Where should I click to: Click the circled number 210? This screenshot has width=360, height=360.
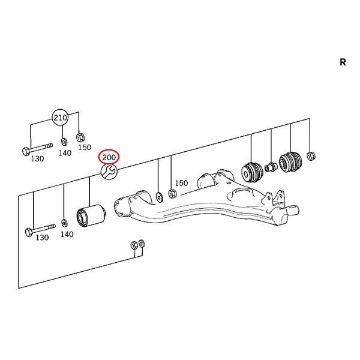(x=60, y=118)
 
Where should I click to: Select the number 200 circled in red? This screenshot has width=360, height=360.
(x=109, y=157)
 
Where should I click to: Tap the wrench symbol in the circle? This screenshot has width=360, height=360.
(x=109, y=172)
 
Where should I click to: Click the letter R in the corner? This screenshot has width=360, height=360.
(x=343, y=62)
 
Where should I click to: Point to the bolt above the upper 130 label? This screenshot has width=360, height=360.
(x=37, y=148)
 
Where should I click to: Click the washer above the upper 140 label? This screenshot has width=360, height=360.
(x=64, y=141)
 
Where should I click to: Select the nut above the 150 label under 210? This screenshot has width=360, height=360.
(x=80, y=137)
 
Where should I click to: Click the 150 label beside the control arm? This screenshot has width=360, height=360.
(x=181, y=183)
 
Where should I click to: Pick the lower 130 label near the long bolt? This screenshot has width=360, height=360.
(x=42, y=237)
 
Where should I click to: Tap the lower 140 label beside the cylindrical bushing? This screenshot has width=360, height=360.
(x=67, y=234)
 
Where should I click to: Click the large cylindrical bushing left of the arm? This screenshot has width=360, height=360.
(x=91, y=215)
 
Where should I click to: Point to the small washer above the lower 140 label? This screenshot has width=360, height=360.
(x=65, y=223)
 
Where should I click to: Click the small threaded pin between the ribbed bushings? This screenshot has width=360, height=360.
(x=271, y=167)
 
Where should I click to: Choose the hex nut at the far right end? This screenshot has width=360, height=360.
(x=311, y=155)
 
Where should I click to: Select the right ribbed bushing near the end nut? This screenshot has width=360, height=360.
(x=290, y=161)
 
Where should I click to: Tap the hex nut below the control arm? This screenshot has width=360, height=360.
(x=134, y=245)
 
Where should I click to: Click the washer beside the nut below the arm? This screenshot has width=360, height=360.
(x=142, y=244)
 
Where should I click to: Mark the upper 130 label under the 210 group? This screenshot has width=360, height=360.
(x=37, y=158)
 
